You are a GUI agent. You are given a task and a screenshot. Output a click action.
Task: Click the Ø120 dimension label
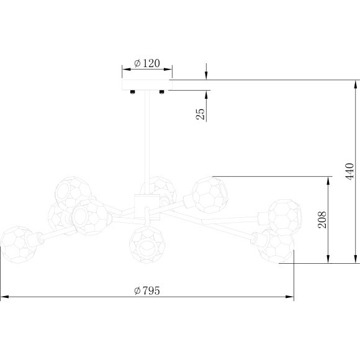147,63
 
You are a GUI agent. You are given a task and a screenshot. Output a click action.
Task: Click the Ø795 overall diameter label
147,290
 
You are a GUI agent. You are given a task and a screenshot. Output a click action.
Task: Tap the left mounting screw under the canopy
132,93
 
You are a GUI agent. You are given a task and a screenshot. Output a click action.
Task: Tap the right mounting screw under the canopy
161,93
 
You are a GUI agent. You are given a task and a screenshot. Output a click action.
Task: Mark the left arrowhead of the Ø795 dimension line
4,298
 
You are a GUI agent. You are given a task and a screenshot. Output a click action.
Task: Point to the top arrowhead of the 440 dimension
355,84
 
